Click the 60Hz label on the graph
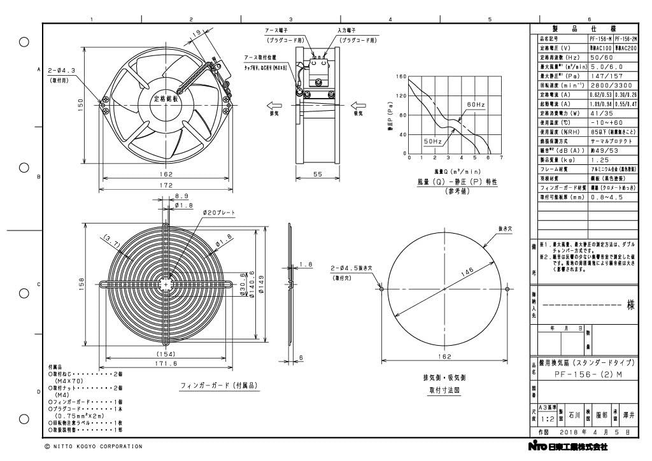(476, 104)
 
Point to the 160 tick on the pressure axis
(401, 77)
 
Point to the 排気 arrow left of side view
(274, 106)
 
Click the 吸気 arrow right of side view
(356, 106)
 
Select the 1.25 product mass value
(599, 160)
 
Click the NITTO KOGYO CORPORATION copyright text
(94, 446)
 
